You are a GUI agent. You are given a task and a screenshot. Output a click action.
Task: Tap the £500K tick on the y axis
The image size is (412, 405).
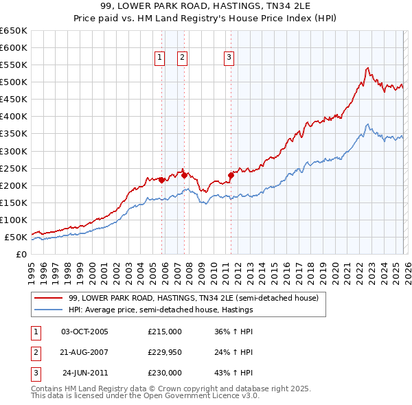pos(14,82)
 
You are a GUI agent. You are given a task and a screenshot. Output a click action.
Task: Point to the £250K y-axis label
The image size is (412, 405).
pos(14,168)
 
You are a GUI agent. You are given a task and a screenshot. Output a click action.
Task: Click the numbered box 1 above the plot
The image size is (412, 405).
pos(160,58)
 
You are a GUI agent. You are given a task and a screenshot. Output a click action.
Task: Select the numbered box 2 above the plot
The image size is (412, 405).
pos(183,58)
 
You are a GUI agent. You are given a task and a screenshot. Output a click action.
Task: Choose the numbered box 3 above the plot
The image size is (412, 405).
pos(229,58)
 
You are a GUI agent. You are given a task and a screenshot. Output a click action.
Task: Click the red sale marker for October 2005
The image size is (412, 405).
pos(161,180)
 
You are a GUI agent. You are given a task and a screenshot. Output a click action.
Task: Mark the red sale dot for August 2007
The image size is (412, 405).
pos(184,175)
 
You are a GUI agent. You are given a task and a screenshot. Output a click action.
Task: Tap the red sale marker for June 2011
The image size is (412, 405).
pos(231,175)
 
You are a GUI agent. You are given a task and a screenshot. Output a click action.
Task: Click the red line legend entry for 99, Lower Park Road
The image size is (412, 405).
pos(192,299)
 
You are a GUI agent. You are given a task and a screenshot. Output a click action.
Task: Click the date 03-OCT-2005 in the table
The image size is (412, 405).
pos(84,331)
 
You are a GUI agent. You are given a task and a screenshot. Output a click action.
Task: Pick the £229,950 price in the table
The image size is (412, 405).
pos(165,352)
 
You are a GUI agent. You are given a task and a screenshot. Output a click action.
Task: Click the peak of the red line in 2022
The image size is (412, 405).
pos(368,68)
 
